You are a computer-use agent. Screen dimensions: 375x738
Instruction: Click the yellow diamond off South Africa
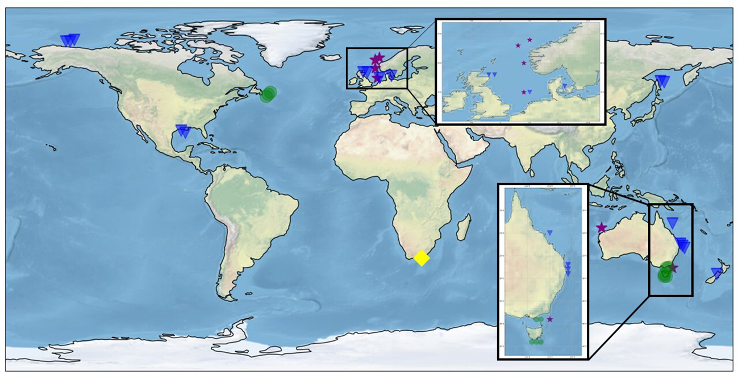[421, 258]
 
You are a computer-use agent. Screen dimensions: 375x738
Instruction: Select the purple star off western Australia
[602, 228]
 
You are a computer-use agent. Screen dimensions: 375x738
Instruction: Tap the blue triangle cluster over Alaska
[70, 40]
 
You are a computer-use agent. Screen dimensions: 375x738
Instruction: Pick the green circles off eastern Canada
[268, 94]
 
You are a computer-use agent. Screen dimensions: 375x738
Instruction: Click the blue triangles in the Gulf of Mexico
[183, 131]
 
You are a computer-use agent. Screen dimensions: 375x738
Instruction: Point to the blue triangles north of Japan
[662, 81]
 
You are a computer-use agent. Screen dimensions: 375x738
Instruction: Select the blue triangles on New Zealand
[718, 273]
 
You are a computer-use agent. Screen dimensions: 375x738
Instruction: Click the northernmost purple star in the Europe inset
[529, 40]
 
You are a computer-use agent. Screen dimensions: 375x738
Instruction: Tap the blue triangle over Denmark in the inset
[565, 86]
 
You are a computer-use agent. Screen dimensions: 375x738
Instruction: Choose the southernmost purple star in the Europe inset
[523, 92]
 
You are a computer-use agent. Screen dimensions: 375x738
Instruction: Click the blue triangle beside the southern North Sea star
[529, 92]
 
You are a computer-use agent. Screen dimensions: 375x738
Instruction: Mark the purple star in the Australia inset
[549, 319]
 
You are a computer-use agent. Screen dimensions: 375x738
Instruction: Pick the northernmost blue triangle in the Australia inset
[549, 233]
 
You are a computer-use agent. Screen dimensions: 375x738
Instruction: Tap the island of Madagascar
[464, 227]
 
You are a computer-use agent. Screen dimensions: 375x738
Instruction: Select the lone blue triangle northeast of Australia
[673, 223]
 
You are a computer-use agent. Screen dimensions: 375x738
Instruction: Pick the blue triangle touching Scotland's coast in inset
[489, 74]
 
